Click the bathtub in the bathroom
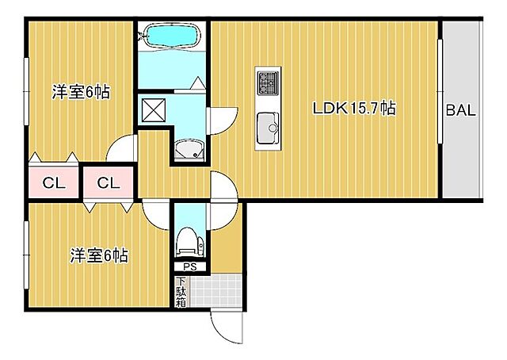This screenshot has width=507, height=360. [x=172, y=36]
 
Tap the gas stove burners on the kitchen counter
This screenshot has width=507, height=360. [x=268, y=83]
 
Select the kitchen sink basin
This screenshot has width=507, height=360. [x=268, y=128]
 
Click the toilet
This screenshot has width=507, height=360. [x=190, y=242]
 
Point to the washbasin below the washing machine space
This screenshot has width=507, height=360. [x=189, y=149]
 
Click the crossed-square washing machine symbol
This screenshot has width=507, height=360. [x=154, y=110]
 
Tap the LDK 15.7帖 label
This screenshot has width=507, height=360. [x=354, y=108]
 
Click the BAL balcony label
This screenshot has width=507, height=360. [x=461, y=110]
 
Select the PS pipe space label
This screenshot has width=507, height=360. [x=190, y=267]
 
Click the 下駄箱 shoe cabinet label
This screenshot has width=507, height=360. [x=181, y=292]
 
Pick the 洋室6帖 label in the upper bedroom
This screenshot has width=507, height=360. [x=81, y=92]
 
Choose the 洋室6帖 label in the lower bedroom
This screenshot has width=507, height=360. [x=99, y=256]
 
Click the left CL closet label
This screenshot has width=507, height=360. [x=54, y=183]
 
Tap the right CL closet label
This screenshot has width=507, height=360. [x=109, y=183]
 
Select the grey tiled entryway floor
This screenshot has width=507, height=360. [x=216, y=291]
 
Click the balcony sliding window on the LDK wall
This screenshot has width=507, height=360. [x=440, y=91]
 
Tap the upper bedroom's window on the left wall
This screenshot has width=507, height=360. [x=26, y=92]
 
